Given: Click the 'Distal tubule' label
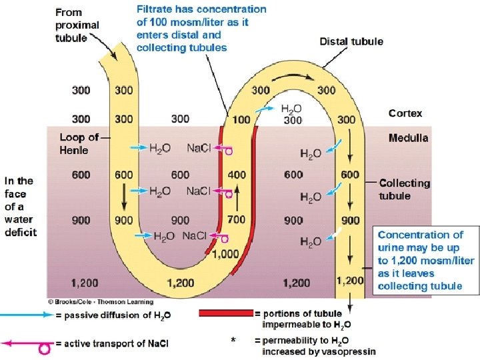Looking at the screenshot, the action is click(x=351, y=41).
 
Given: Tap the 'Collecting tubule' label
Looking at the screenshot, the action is click(x=405, y=189).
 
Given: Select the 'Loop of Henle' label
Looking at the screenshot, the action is click(x=79, y=144).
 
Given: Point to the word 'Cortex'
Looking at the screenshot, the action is click(x=405, y=113).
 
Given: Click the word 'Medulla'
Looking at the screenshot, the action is click(x=408, y=138).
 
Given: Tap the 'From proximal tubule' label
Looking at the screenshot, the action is click(x=77, y=25).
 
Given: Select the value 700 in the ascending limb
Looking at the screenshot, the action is click(x=237, y=219).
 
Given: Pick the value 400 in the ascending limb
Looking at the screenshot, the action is click(x=237, y=175).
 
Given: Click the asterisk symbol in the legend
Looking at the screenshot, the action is click(x=233, y=341).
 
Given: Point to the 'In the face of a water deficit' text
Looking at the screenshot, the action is click(x=21, y=206).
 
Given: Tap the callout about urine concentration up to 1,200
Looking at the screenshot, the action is click(x=425, y=260).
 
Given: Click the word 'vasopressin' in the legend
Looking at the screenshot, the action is click(x=348, y=351).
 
